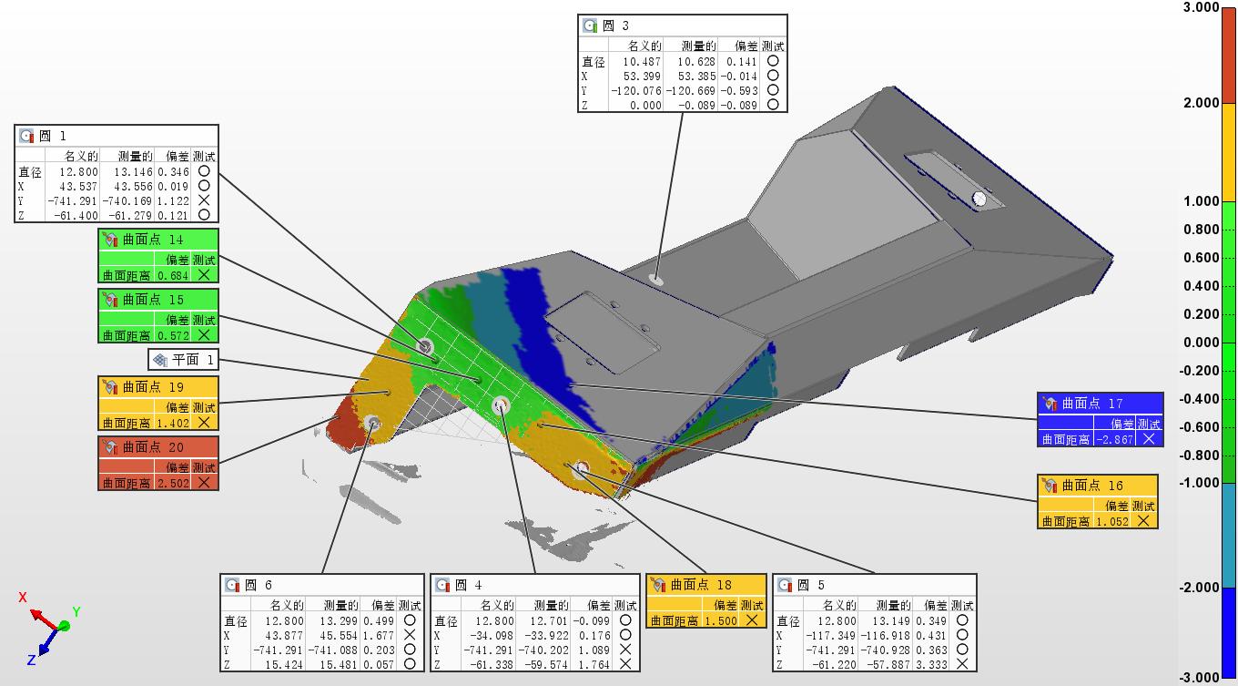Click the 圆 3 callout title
tap(615, 26)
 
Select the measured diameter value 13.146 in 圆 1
tap(133, 172)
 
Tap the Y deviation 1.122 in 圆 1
tap(173, 200)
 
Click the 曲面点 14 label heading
tap(153, 240)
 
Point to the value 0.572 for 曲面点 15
tap(173, 336)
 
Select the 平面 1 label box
tap(184, 360)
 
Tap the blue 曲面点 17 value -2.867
tap(1115, 440)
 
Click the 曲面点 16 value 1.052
tap(1112, 522)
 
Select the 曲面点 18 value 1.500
tap(721, 621)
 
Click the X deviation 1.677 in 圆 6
tap(379, 636)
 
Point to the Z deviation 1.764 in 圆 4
tap(594, 664)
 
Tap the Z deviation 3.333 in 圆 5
tap(931, 664)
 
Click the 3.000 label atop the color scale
tap(1201, 7)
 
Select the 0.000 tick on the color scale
tap(1201, 342)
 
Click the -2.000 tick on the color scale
tap(1198, 587)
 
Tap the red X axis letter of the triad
tap(23, 598)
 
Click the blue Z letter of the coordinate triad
tap(32, 660)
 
